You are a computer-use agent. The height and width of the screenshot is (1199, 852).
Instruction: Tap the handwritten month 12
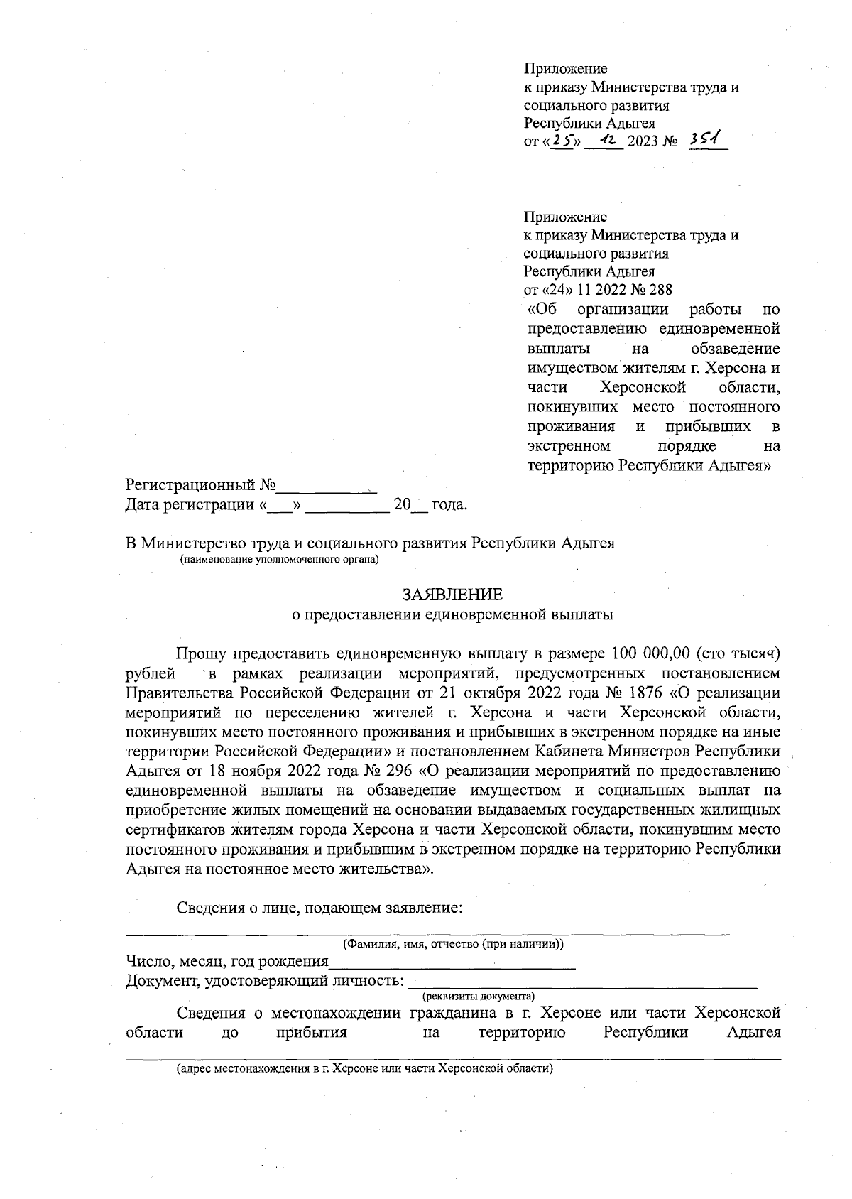pyautogui.click(x=606, y=141)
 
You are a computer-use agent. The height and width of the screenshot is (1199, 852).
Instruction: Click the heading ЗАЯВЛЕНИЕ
pyautogui.click(x=452, y=594)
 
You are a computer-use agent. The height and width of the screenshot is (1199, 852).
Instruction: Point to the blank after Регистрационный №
pyautogui.click(x=326, y=487)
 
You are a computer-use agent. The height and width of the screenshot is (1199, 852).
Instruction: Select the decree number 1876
pyautogui.click(x=644, y=692)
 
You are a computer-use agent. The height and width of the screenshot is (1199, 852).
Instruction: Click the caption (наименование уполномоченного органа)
pyautogui.click(x=280, y=560)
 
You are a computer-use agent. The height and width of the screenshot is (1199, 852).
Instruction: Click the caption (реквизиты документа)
pyautogui.click(x=478, y=996)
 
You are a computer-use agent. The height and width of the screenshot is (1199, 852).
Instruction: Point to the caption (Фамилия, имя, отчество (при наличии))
pyautogui.click(x=454, y=944)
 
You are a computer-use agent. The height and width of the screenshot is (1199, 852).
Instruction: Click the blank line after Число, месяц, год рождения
pyautogui.click(x=452, y=963)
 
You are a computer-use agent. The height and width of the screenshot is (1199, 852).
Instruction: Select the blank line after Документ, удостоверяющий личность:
pyautogui.click(x=581, y=983)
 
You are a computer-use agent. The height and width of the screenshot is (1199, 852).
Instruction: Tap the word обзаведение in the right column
pyautogui.click(x=735, y=349)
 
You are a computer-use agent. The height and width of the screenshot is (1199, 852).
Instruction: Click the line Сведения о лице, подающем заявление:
pyautogui.click(x=319, y=908)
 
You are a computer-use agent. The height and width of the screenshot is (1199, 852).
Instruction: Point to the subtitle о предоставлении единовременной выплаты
pyautogui.click(x=453, y=614)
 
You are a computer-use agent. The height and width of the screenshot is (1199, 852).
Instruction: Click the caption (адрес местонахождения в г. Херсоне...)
pyautogui.click(x=365, y=1068)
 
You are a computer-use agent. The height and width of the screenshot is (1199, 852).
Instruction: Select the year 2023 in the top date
pyautogui.click(x=643, y=142)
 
